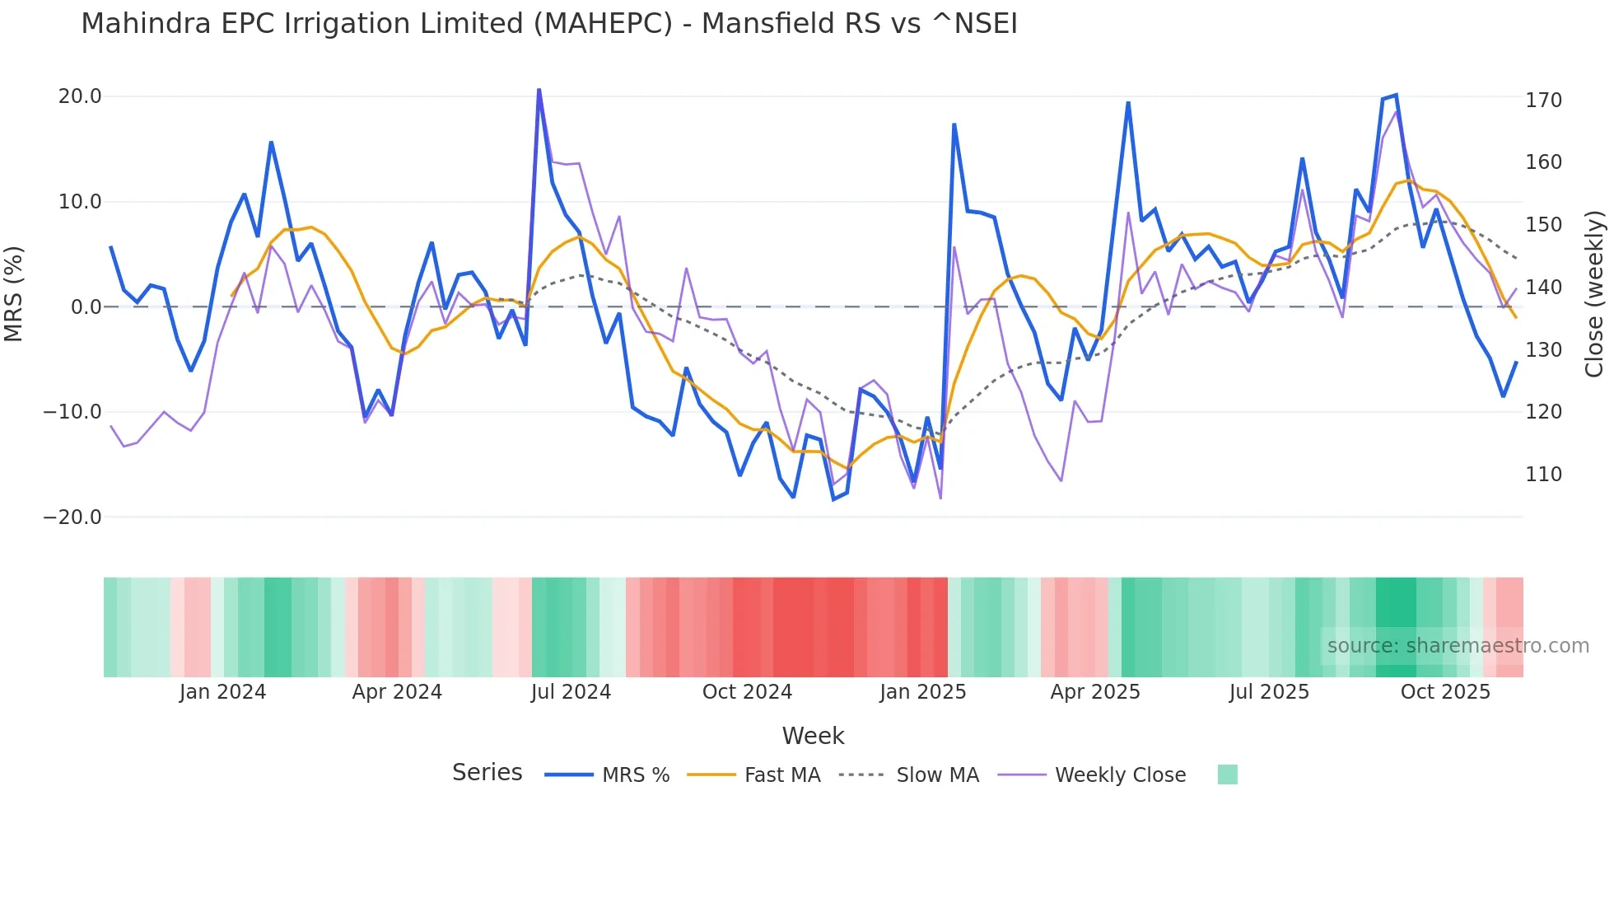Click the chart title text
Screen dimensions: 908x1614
(x=549, y=24)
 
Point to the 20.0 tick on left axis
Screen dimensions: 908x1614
(x=80, y=96)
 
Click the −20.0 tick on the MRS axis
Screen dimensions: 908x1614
(x=72, y=517)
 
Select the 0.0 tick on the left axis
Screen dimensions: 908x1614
(x=86, y=307)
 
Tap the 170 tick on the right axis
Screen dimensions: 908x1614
(x=1543, y=101)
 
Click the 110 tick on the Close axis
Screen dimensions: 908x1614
(x=1543, y=475)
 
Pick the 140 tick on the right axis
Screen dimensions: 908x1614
(x=1543, y=288)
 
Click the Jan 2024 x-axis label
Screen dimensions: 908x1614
(x=222, y=692)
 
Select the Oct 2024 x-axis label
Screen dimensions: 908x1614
(x=747, y=692)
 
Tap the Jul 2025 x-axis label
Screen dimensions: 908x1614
(x=1269, y=692)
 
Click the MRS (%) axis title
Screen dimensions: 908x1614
(x=14, y=294)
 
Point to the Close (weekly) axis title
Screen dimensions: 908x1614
(x=1595, y=294)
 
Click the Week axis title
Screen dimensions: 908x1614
(x=813, y=736)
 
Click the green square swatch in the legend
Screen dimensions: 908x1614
(x=1227, y=775)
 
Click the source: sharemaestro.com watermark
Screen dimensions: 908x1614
(x=1458, y=646)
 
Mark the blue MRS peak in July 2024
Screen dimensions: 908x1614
(x=539, y=90)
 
